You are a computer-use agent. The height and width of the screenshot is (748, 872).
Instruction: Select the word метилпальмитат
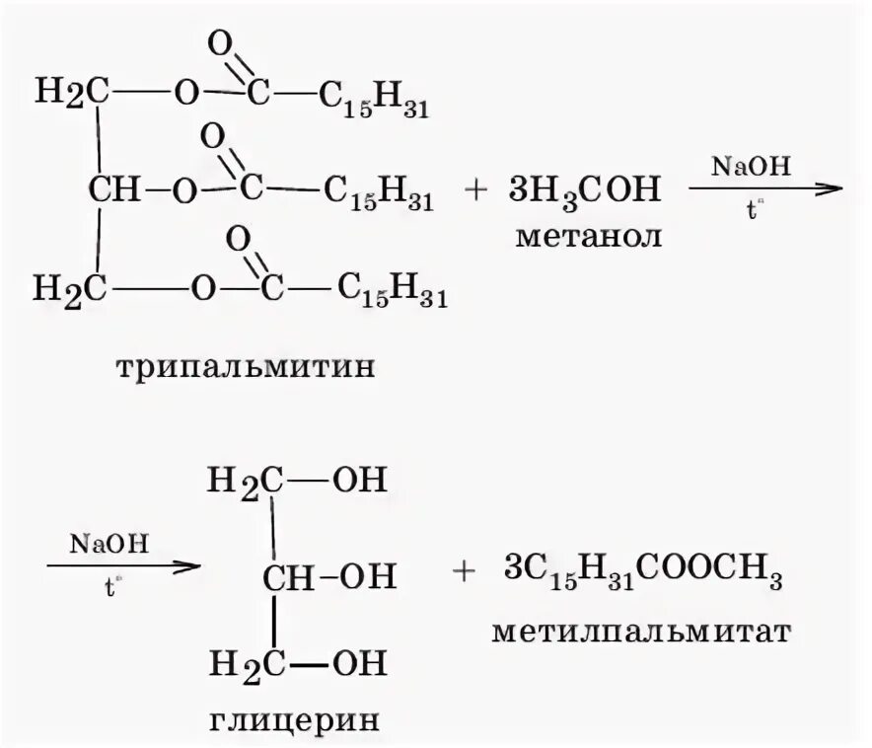pos(641,629)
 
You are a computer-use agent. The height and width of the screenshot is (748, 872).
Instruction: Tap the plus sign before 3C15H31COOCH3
pos(465,574)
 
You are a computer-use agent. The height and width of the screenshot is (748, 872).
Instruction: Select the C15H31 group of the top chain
pos(374,101)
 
